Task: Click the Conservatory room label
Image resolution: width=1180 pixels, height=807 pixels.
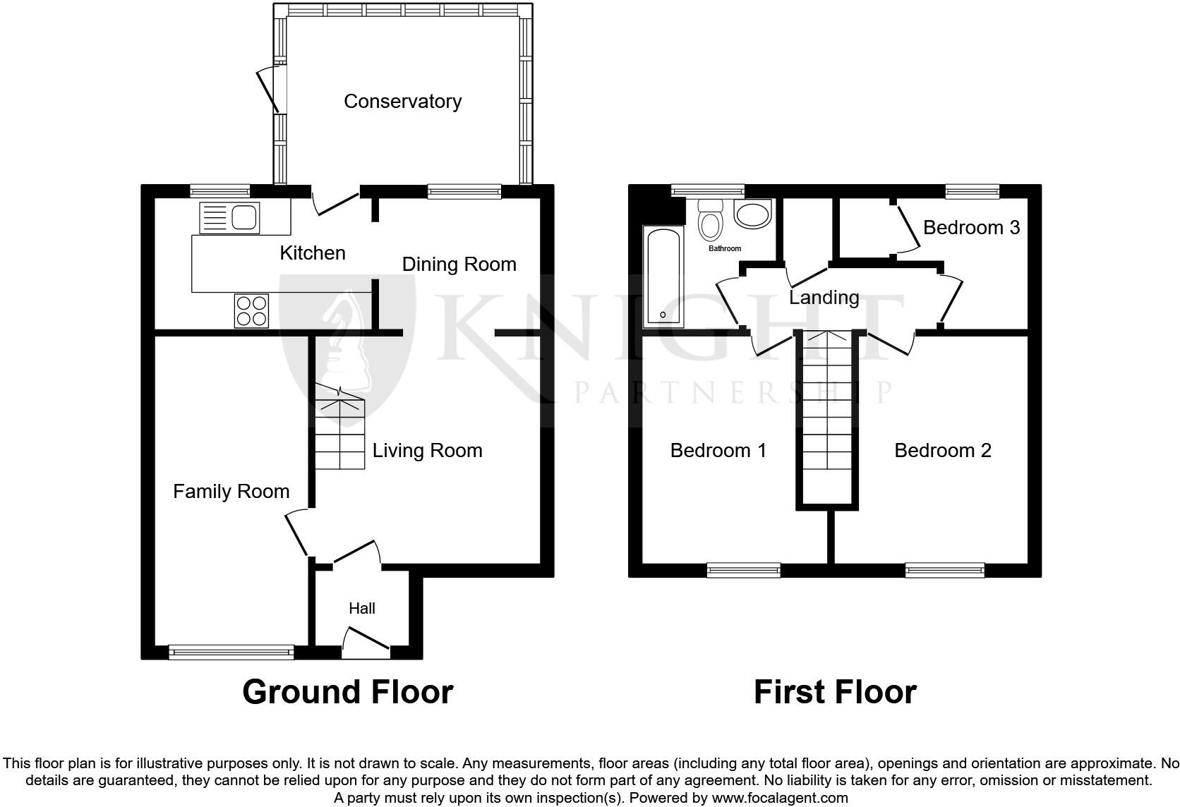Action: (x=402, y=101)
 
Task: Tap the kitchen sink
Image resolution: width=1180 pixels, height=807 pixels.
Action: (x=229, y=218)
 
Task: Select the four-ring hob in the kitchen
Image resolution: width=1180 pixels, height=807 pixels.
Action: (x=251, y=310)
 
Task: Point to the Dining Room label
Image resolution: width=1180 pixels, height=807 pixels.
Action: (x=459, y=265)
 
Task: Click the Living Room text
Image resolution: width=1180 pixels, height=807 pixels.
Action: (x=427, y=451)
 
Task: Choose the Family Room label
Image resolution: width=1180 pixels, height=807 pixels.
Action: (x=231, y=492)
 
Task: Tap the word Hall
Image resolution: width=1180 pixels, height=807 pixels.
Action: (x=362, y=609)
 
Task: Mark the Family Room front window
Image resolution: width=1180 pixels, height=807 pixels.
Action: (x=231, y=653)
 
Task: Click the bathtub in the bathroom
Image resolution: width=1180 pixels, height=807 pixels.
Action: (x=663, y=277)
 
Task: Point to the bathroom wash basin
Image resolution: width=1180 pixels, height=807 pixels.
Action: (x=752, y=214)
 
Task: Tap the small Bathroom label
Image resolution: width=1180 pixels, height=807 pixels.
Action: (x=725, y=248)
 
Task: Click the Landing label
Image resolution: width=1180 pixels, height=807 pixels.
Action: (x=824, y=298)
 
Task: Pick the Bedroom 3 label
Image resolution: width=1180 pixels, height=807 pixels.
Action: (x=971, y=227)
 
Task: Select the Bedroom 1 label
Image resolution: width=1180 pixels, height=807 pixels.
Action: (x=718, y=451)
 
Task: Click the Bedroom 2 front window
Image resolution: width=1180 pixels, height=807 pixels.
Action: (x=945, y=570)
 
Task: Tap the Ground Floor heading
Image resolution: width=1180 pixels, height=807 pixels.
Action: (x=348, y=692)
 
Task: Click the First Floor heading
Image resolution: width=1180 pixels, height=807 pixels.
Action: (x=836, y=692)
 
